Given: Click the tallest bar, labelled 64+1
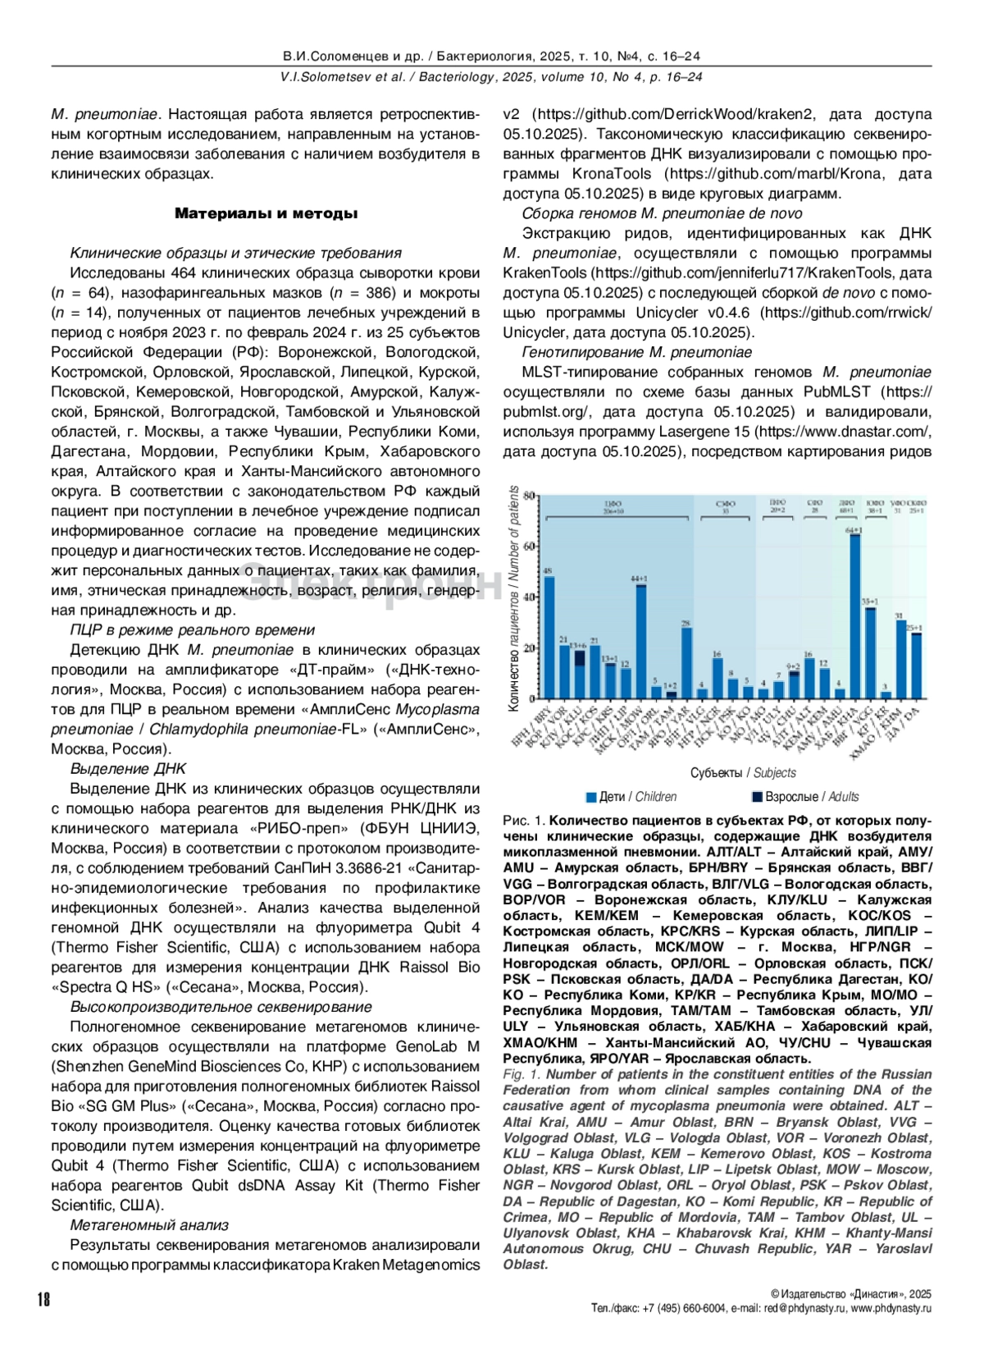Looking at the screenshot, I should [x=854, y=615].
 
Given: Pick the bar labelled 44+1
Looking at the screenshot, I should [x=640, y=640].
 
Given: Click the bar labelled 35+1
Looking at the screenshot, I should [x=870, y=652].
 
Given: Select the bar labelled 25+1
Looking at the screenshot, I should [x=915, y=665].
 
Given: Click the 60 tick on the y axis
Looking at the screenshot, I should [x=530, y=546].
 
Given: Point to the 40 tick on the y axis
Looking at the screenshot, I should [x=530, y=597].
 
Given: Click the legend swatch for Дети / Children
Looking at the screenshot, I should [x=590, y=797].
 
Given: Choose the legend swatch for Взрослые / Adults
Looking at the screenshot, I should [x=757, y=797].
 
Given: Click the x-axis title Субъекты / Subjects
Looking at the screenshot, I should [x=743, y=773].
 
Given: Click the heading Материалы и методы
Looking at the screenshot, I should [x=266, y=213].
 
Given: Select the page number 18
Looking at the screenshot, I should [x=43, y=1299].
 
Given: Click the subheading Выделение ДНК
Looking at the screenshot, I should [x=128, y=769].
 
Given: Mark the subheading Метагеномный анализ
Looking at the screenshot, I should [x=148, y=1225].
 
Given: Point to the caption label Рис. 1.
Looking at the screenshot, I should [x=524, y=821].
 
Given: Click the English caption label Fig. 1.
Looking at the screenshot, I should [x=522, y=1074].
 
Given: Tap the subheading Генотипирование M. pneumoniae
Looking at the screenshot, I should [x=636, y=352].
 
